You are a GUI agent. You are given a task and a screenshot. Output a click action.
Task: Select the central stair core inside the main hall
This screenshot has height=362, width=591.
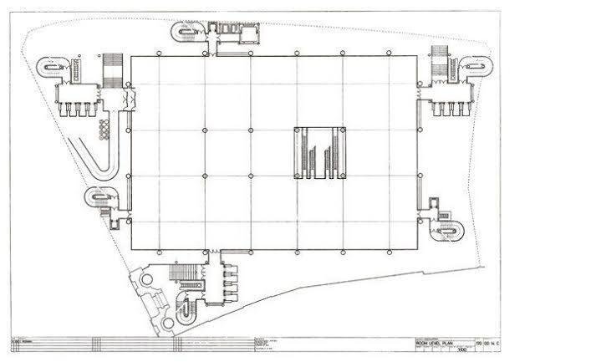(318, 153)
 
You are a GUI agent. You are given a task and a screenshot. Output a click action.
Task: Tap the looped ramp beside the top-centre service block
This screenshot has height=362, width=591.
(186, 33)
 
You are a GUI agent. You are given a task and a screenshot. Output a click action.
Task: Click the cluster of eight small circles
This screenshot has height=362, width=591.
(104, 130)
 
